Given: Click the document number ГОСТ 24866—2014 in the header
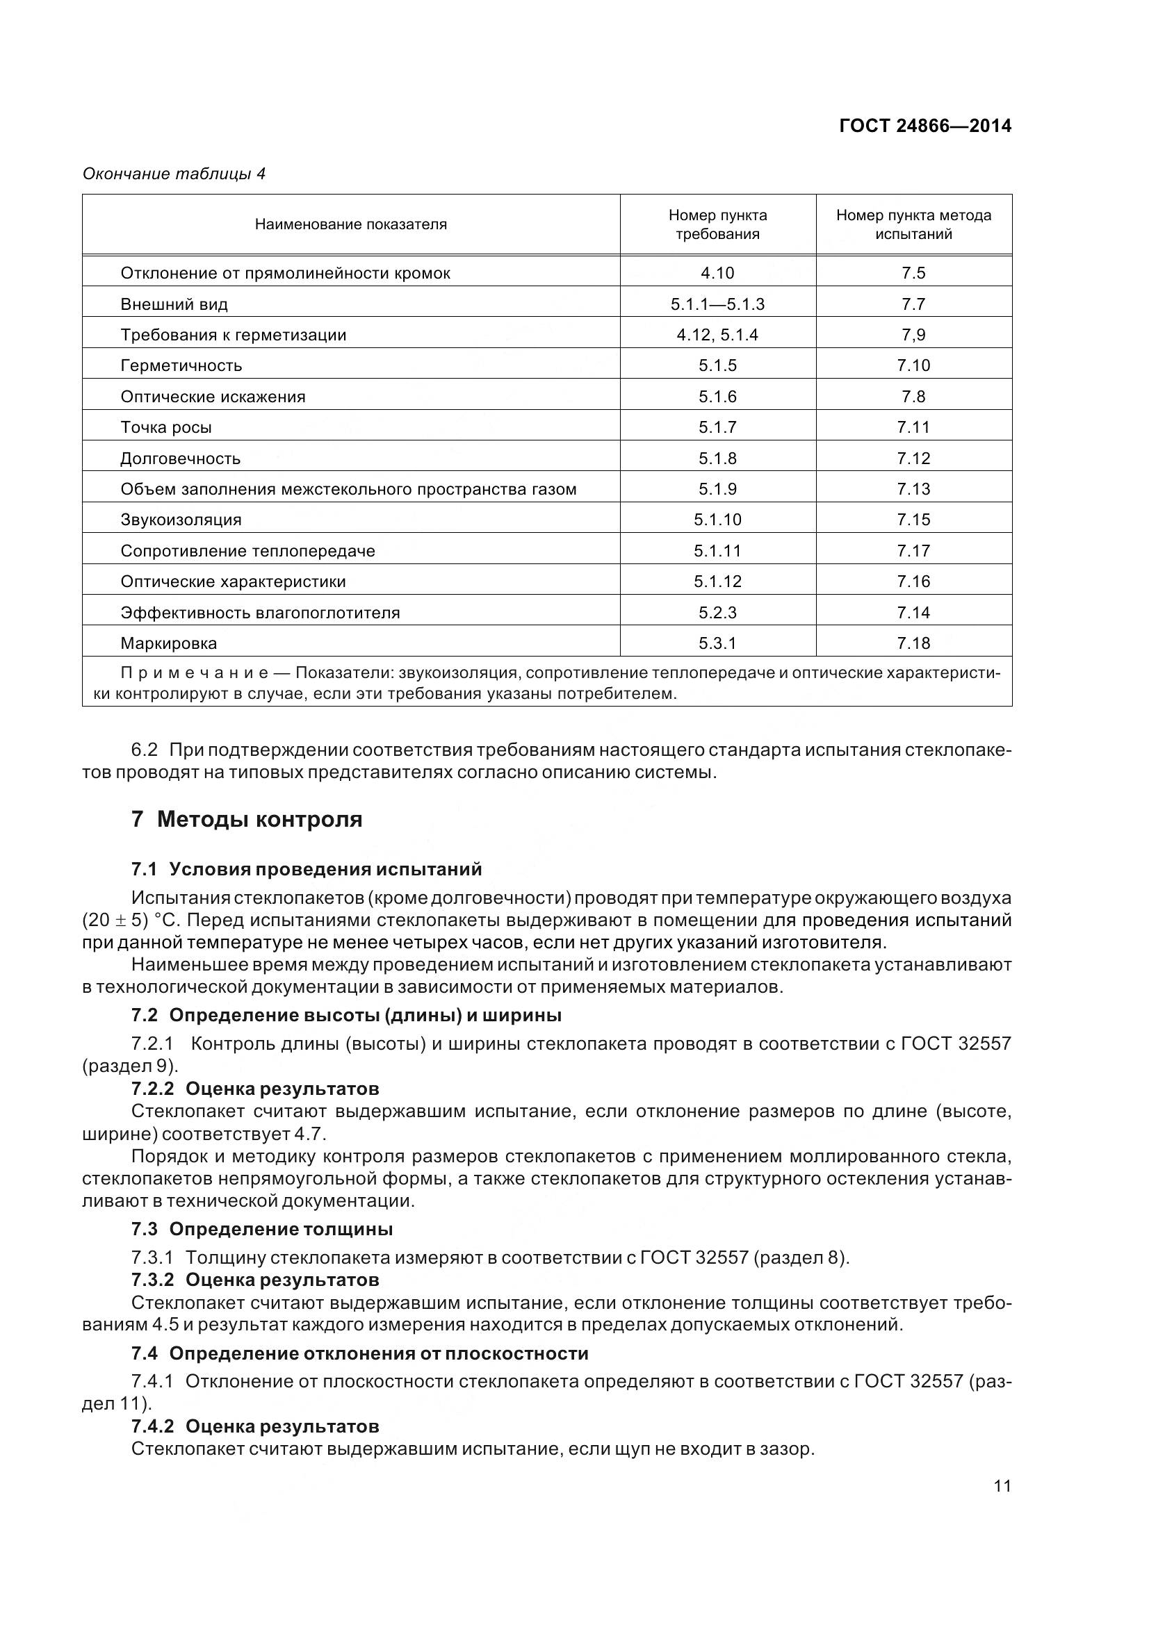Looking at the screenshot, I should point(924,126).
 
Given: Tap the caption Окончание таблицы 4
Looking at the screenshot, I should point(174,174).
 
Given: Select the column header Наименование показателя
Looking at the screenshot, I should point(350,224).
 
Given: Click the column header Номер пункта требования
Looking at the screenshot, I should point(717,224).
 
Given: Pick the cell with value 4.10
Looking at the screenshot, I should point(717,273).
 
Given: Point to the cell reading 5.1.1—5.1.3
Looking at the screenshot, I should point(717,304).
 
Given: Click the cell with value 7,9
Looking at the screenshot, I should point(913,335).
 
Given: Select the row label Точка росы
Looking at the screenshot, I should point(165,427).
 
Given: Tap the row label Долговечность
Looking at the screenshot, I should point(180,459).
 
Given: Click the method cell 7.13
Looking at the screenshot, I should point(913,489).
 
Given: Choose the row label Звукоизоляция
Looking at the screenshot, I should point(181,520).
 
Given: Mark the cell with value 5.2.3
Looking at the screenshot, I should point(717,613).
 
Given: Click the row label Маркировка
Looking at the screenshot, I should point(168,644).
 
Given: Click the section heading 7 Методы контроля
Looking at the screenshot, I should point(246,820).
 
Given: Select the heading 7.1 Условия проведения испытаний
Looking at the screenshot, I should point(306,869).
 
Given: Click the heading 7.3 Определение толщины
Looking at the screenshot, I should point(261,1230).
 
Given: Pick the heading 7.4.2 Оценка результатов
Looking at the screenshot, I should point(255,1426).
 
